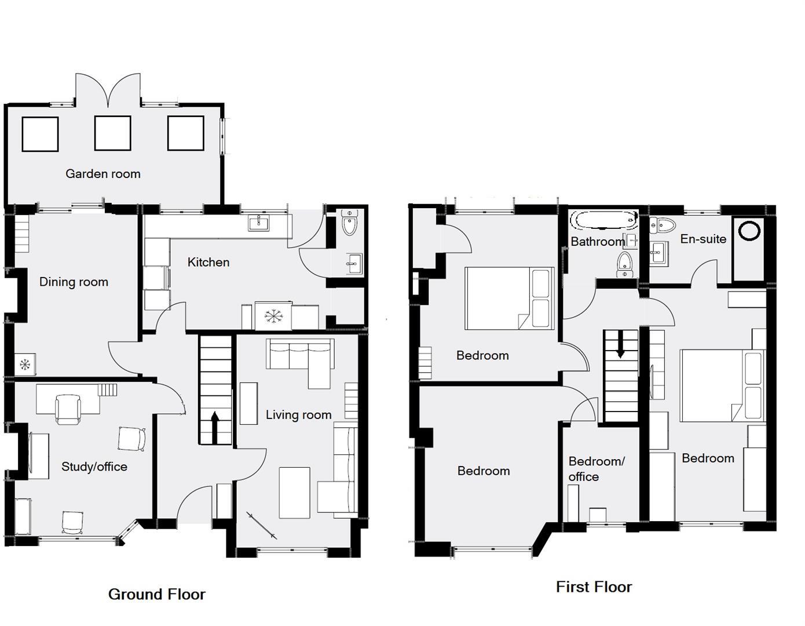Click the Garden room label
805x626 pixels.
click(103, 174)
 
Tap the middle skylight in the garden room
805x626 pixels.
click(112, 133)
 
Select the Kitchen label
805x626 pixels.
click(208, 263)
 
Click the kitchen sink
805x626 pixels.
click(259, 223)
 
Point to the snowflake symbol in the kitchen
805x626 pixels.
click(273, 316)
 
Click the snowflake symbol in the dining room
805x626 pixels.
click(25, 365)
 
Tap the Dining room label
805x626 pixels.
click(74, 282)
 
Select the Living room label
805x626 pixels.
click(299, 415)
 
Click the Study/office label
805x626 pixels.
click(94, 467)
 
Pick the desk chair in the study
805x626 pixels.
click(67, 409)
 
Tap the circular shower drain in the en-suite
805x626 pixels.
click(749, 231)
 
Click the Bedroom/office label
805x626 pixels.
click(597, 469)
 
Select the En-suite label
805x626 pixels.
click(703, 239)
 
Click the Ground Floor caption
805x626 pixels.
click(157, 595)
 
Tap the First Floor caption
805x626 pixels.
click(594, 587)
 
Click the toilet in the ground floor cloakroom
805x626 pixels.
click(349, 223)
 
